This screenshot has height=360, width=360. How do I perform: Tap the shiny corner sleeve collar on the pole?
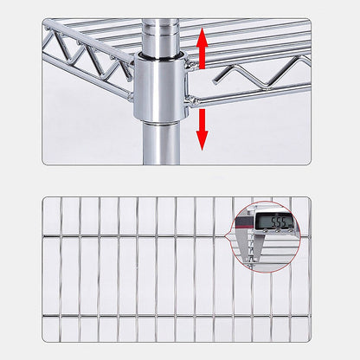point(161,87)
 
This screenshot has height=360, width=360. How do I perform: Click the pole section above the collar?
point(161,35)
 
